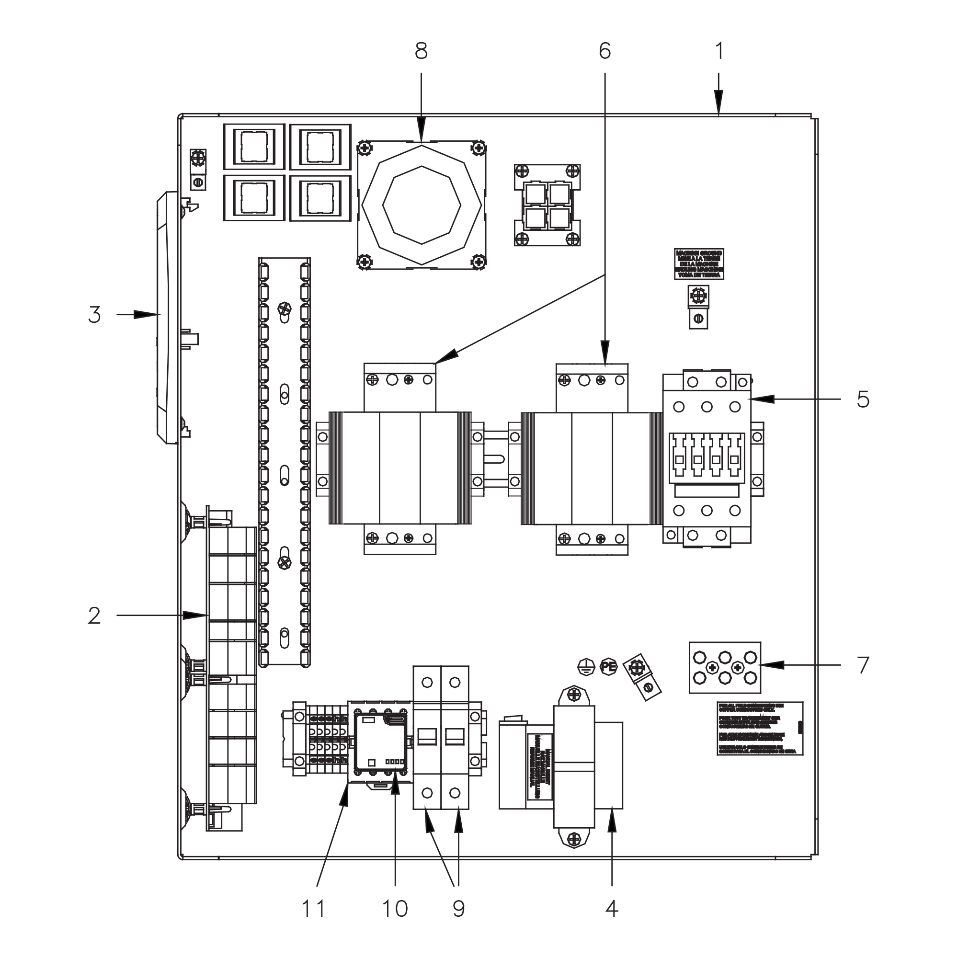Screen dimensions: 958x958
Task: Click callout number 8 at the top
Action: tap(421, 51)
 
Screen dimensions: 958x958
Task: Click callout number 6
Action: tap(604, 51)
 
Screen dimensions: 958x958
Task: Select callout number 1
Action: tap(719, 51)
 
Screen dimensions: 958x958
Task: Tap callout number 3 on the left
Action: tap(94, 315)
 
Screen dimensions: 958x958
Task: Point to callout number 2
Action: tap(94, 616)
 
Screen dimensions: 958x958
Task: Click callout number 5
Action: tap(863, 399)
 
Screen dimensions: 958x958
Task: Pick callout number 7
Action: tap(863, 665)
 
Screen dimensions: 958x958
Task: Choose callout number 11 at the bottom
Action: tap(313, 908)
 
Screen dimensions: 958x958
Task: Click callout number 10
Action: tap(395, 908)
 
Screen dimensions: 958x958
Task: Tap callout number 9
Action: tap(459, 908)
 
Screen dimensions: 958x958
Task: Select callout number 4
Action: tap(612, 908)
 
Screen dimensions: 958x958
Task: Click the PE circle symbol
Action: tap(608, 666)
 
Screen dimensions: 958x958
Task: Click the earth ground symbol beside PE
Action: tap(586, 666)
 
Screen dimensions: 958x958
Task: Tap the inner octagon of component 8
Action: tap(422, 205)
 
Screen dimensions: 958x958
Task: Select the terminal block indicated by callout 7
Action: tap(724, 667)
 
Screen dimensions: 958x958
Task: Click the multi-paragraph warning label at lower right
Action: tap(759, 729)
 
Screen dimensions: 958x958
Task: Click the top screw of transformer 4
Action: tap(574, 694)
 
